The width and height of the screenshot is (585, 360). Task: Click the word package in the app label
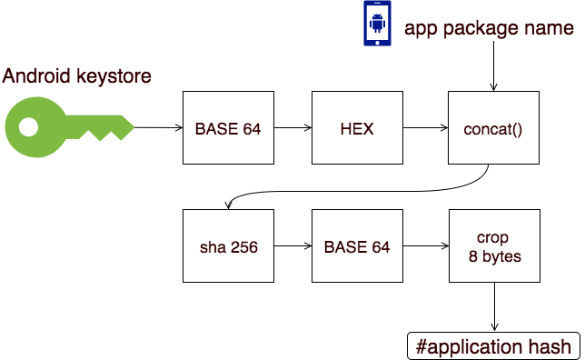click(473, 29)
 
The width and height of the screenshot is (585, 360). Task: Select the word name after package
click(547, 29)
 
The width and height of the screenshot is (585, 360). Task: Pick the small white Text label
click(67, 70)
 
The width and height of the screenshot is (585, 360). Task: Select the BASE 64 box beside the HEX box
click(228, 128)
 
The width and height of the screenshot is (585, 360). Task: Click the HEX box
click(357, 128)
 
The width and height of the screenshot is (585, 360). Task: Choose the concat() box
click(493, 128)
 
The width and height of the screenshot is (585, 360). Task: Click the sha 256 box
click(228, 247)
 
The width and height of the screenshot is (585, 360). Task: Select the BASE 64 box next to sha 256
click(357, 247)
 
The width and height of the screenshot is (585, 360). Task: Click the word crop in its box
click(493, 238)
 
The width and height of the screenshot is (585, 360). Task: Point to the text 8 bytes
click(493, 256)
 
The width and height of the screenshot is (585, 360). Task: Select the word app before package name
click(421, 29)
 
